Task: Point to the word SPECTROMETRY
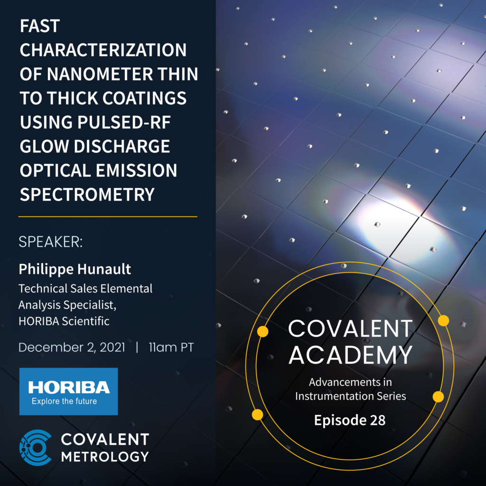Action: pos(87,194)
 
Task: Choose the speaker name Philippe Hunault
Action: pos(75,269)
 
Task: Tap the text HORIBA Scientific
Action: pos(64,321)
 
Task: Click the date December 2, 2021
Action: pos(72,347)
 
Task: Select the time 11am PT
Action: pos(171,347)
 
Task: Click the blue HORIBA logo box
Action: pos(68,391)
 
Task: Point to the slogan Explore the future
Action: pos(64,402)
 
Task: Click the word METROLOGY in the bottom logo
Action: pos(105,457)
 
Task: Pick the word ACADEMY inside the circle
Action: pos(350,355)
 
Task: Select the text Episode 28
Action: pos(350,420)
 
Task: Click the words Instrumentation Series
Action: pos(351,396)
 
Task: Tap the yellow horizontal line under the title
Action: pos(108,216)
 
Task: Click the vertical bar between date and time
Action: pos(137,347)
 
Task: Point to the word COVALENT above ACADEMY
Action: pos(350,328)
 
